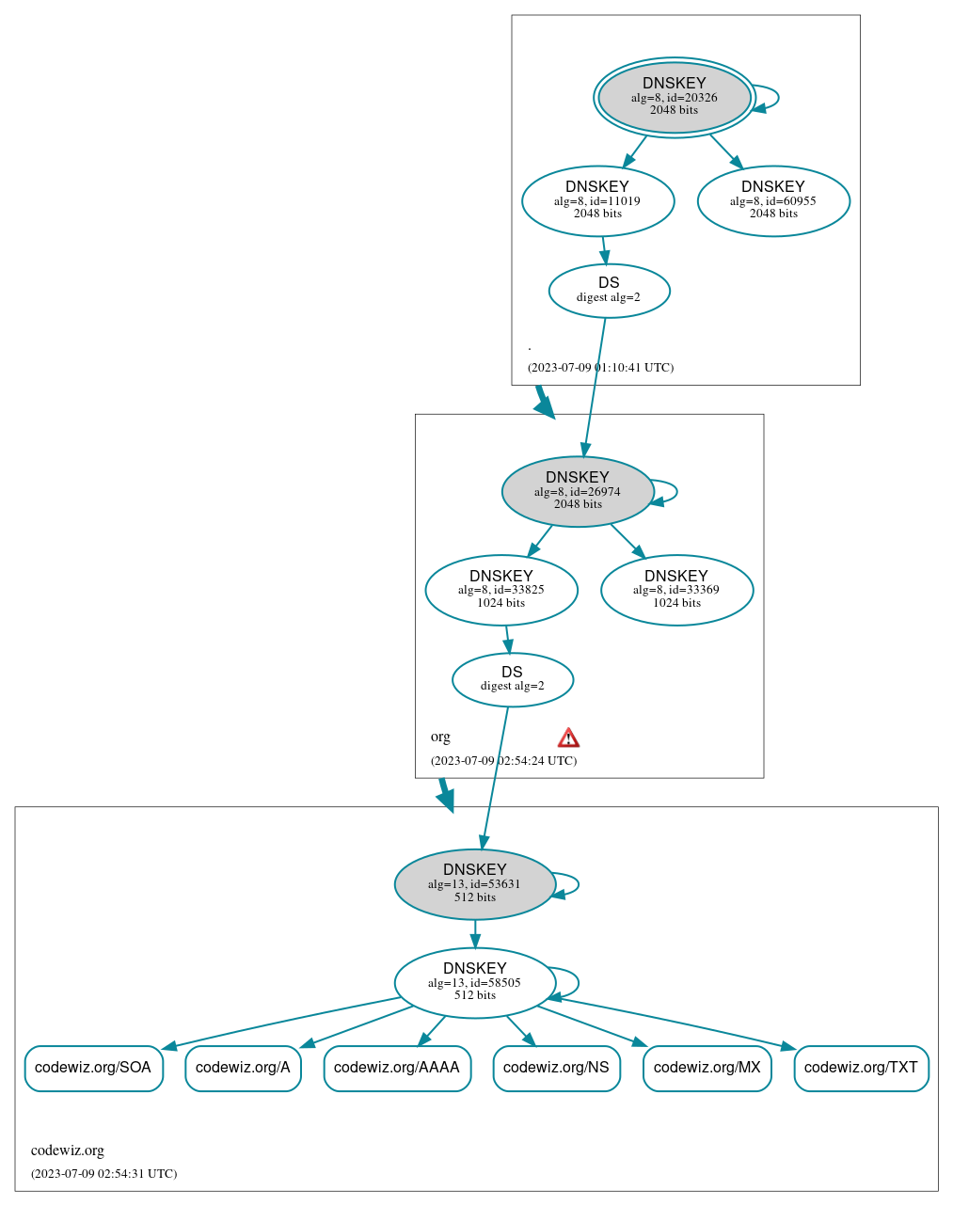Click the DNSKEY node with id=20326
pyautogui.click(x=674, y=97)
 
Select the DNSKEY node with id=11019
pyautogui.click(x=597, y=200)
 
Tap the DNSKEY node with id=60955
pyautogui.click(x=773, y=200)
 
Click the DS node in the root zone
pyautogui.click(x=609, y=291)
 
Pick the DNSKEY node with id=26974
pyautogui.click(x=578, y=491)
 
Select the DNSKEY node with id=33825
pyautogui.click(x=500, y=590)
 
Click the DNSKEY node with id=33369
pyautogui.click(x=676, y=590)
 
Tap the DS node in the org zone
pyautogui.click(x=512, y=679)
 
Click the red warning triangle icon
pyautogui.click(x=568, y=738)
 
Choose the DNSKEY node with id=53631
pyautogui.click(x=474, y=884)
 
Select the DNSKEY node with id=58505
pyautogui.click(x=474, y=982)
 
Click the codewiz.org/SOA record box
pyautogui.click(x=93, y=1068)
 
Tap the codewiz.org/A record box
pyautogui.click(x=243, y=1068)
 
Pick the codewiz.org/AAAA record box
pyautogui.click(x=397, y=1068)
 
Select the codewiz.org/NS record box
pyautogui.click(x=556, y=1068)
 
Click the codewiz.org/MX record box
pyautogui.click(x=707, y=1068)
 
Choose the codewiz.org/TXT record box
pyautogui.click(x=861, y=1068)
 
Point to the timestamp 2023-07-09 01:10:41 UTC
pyautogui.click(x=600, y=368)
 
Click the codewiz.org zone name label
pyautogui.click(x=68, y=1150)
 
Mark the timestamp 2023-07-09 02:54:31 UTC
pyautogui.click(x=103, y=1174)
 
